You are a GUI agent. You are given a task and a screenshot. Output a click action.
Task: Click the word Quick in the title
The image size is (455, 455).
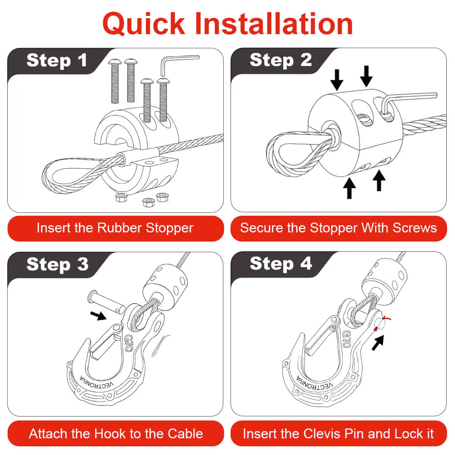pyautogui.click(x=144, y=24)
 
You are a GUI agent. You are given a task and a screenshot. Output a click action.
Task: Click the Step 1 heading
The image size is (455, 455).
pyautogui.click(x=57, y=60)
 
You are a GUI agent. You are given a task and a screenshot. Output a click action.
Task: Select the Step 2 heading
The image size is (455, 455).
pyautogui.click(x=281, y=60)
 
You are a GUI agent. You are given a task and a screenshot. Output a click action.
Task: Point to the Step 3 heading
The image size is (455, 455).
pyautogui.click(x=57, y=265)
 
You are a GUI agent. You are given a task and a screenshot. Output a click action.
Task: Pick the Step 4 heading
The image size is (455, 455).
pyautogui.click(x=281, y=264)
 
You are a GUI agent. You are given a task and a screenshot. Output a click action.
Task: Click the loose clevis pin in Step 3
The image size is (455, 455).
pyautogui.click(x=106, y=303)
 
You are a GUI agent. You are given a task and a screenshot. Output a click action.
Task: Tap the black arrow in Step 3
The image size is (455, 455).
pyautogui.click(x=99, y=315)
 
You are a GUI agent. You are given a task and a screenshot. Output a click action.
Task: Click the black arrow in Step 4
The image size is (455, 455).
pyautogui.click(x=378, y=343)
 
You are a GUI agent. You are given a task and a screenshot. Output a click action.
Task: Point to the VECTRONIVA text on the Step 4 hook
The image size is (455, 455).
pyautogui.click(x=314, y=384)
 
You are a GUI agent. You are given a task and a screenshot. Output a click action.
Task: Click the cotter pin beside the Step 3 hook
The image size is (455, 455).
pyautogui.click(x=160, y=345)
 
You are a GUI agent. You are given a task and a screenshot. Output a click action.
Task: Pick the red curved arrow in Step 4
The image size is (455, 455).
pyautogui.click(x=387, y=319)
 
